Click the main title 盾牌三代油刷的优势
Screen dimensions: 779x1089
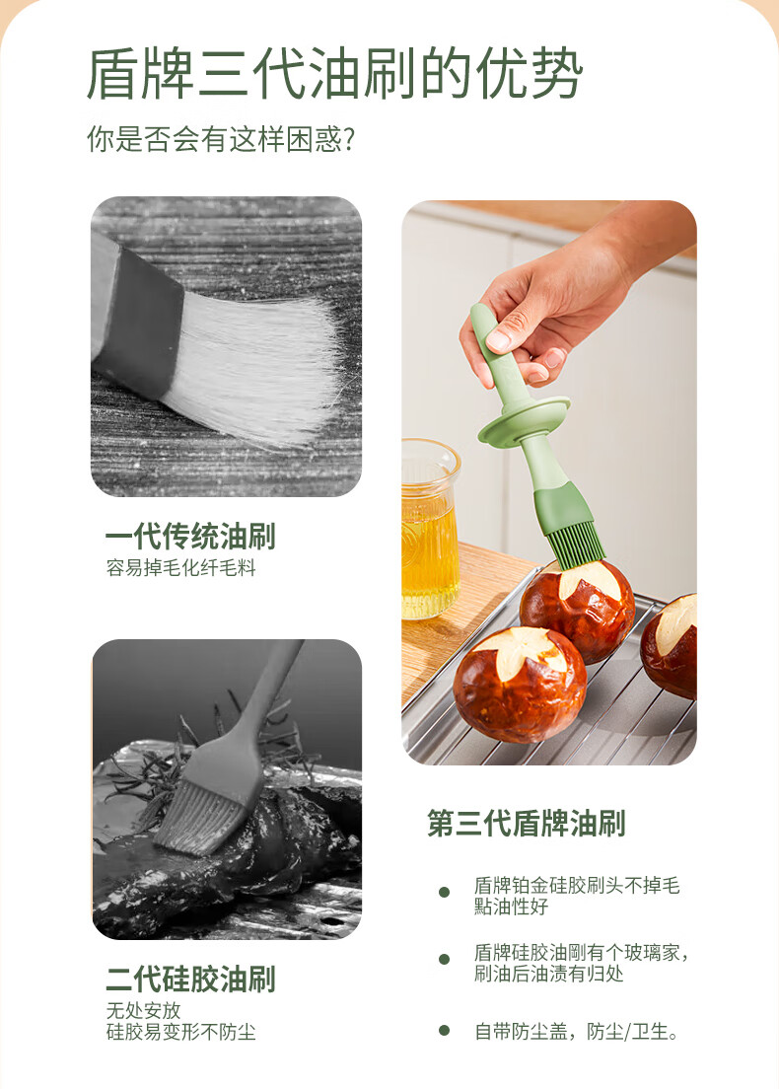[x=334, y=73]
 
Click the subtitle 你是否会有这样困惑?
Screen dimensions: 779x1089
[x=221, y=138]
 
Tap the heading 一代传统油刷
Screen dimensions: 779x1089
[x=190, y=537]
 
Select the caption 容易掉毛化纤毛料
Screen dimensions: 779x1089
[x=180, y=568]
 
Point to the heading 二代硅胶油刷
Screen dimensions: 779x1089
[x=190, y=980]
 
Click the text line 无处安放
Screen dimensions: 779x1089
[x=143, y=1010]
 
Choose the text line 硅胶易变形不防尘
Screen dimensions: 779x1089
[x=180, y=1032]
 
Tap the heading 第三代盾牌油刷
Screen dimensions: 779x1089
[x=527, y=824]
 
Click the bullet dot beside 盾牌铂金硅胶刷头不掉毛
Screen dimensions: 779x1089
[x=445, y=892]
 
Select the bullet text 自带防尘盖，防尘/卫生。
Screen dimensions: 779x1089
[x=577, y=1032]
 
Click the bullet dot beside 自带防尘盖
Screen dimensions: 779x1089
[x=445, y=1031]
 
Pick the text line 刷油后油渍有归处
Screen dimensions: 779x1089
[x=548, y=974]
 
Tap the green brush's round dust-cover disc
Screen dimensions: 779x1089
[x=524, y=421]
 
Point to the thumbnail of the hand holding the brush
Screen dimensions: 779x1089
[x=549, y=482]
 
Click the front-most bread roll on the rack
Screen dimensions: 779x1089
[x=520, y=684]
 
